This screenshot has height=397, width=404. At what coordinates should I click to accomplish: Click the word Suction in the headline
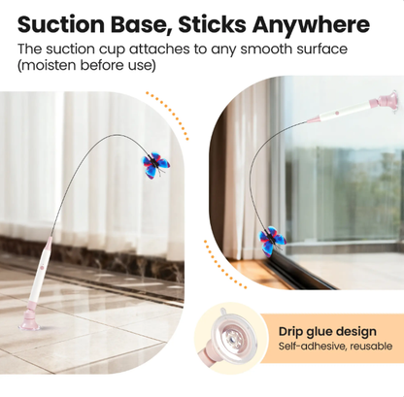click(x=61, y=24)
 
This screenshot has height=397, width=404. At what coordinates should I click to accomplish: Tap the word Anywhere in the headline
click(x=311, y=25)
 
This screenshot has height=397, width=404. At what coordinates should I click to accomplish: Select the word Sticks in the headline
click(x=213, y=24)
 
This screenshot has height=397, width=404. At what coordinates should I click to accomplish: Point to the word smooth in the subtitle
click(x=266, y=50)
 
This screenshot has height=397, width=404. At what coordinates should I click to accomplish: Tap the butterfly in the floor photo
click(x=155, y=165)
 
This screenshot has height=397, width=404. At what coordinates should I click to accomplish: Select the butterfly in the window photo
click(x=273, y=241)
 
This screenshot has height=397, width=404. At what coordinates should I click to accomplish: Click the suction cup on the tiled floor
click(x=30, y=321)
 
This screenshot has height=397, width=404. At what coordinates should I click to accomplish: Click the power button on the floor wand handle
click(x=42, y=267)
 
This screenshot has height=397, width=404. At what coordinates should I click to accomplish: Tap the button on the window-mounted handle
click(x=337, y=113)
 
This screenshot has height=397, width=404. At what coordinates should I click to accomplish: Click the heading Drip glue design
click(x=327, y=331)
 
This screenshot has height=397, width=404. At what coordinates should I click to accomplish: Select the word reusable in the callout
click(x=371, y=346)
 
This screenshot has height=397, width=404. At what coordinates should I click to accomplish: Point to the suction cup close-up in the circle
click(x=230, y=338)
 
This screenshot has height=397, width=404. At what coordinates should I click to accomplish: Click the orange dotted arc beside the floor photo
click(x=172, y=112)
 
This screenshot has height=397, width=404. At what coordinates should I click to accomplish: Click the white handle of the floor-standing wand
click(x=38, y=280)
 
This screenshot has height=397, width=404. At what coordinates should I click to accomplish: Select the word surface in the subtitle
click(x=322, y=50)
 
